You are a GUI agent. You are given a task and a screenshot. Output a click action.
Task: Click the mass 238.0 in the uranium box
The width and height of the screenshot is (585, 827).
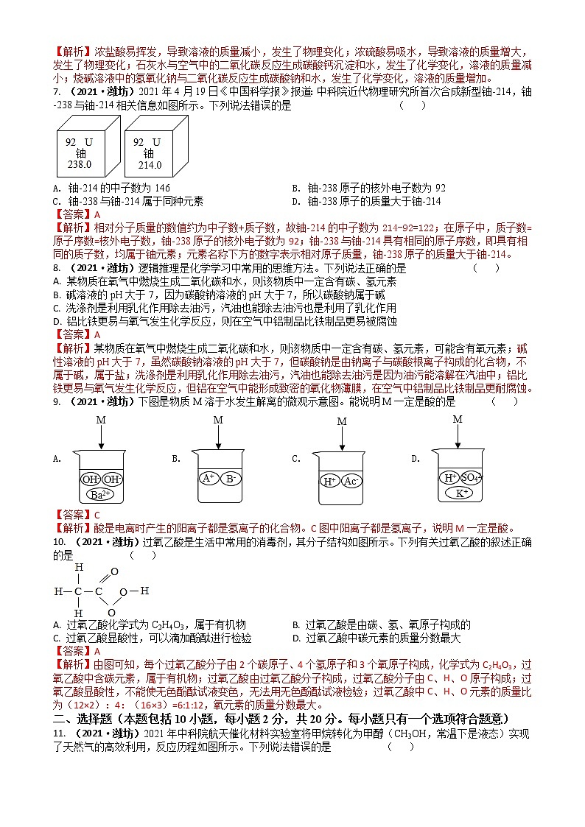(80, 165)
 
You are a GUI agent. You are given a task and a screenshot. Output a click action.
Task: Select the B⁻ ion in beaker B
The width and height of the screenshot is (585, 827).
(231, 478)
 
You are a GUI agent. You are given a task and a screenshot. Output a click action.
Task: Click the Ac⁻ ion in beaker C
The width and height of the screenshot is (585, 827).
(351, 481)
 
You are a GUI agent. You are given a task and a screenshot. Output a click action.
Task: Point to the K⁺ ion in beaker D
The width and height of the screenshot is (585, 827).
(460, 493)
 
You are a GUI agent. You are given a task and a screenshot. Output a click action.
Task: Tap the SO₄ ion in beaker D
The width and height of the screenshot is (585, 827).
(472, 477)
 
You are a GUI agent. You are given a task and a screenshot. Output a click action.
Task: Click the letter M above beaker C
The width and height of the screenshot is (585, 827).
(341, 421)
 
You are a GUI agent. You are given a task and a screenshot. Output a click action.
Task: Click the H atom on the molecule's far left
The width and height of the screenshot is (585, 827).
(57, 591)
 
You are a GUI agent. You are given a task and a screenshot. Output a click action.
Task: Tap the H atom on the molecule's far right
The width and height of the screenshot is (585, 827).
(145, 591)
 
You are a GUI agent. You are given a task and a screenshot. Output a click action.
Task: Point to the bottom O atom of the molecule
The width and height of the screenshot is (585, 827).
(111, 612)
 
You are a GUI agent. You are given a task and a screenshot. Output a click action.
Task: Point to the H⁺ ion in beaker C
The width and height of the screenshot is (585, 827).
(329, 481)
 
